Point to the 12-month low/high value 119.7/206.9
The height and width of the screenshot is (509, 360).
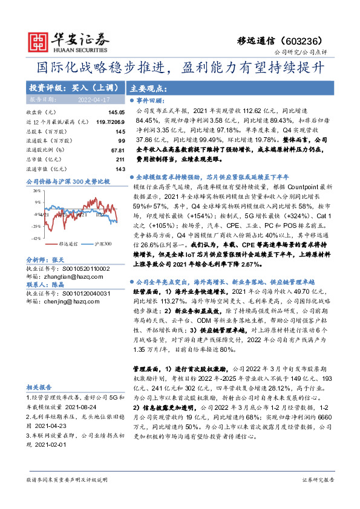pyautogui.click(x=110, y=122)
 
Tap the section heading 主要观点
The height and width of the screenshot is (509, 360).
pyautogui.click(x=148, y=87)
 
